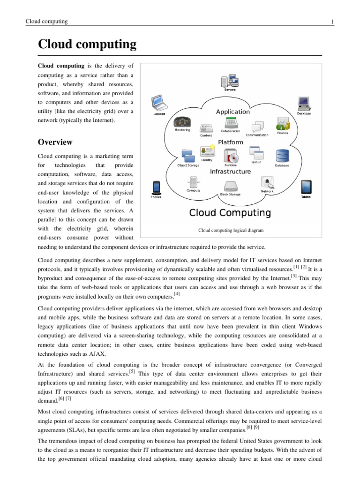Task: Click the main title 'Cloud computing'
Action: [87, 45]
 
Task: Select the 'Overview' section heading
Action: [55, 142]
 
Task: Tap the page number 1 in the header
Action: [332, 22]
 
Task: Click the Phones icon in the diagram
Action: [156, 187]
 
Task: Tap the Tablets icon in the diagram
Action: [305, 187]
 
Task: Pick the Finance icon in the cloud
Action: [283, 123]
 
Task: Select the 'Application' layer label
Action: [232, 112]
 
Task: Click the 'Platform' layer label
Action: [230, 142]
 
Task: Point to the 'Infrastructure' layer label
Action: [230, 172]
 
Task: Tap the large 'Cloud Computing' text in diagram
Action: [230, 213]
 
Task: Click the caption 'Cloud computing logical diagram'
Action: [231, 230]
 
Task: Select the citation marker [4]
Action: [177, 294]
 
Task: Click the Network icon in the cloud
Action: [267, 183]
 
